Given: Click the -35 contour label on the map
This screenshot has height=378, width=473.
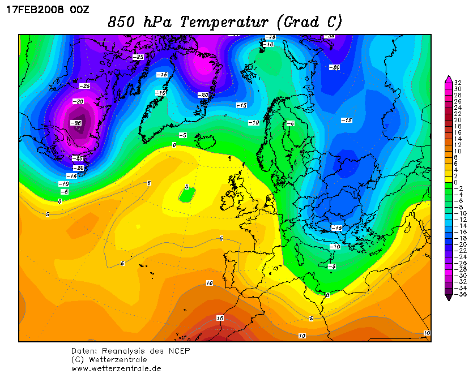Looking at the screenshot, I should tap(76, 123).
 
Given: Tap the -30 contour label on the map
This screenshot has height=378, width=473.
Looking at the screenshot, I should tap(78, 101).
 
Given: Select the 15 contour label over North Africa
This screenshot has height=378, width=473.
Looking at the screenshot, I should tap(220, 318).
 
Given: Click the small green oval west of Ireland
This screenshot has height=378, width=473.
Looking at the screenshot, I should tap(186, 194).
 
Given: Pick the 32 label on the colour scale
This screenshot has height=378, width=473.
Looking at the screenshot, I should tap(457, 83).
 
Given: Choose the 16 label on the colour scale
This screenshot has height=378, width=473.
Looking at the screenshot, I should tap(457, 132).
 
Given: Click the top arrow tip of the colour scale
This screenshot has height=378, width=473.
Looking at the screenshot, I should tap(449, 76).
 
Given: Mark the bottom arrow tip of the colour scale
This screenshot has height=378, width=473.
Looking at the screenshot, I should tap(449, 299).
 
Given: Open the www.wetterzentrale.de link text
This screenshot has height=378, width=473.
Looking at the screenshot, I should tap(116, 368).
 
